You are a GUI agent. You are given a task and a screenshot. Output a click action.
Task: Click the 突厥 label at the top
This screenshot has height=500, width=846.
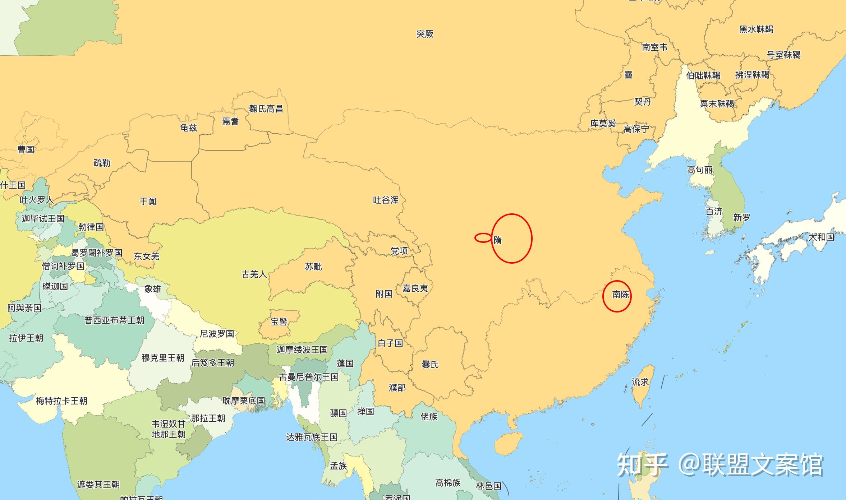(425, 34)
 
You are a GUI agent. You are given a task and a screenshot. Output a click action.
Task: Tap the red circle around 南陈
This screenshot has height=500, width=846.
(617, 296)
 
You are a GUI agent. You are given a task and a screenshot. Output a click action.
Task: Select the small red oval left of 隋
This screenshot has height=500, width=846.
(483, 237)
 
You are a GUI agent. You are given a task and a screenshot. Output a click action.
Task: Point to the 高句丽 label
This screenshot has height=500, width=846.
(700, 170)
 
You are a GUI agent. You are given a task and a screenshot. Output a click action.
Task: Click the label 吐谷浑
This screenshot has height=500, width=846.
(386, 200)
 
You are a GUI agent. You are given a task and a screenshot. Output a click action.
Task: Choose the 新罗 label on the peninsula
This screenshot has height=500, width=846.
(742, 218)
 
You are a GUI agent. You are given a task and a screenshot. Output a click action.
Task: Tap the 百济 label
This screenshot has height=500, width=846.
(714, 212)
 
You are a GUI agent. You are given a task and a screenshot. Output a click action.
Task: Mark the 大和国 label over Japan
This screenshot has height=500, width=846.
(821, 237)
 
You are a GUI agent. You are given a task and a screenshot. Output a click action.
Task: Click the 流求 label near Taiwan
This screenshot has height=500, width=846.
(640, 382)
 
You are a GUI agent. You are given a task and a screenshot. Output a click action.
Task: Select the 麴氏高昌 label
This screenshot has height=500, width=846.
(266, 108)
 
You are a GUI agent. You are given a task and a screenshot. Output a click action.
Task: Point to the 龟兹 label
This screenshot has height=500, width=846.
(189, 128)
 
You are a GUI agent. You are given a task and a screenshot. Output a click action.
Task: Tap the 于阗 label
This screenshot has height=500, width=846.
(148, 201)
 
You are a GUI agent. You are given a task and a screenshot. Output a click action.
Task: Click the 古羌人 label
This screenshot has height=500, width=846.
(254, 274)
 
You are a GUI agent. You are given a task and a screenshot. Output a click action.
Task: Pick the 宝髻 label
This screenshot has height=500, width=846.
(279, 321)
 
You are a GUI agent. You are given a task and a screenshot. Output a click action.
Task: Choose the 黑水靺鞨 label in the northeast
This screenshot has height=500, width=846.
(756, 29)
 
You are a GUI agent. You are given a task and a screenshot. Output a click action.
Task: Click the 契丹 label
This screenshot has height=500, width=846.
(643, 102)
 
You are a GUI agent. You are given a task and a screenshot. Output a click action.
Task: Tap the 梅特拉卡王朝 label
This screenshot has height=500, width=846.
(61, 401)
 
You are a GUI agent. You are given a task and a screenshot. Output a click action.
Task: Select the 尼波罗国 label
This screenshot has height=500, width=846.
(217, 334)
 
